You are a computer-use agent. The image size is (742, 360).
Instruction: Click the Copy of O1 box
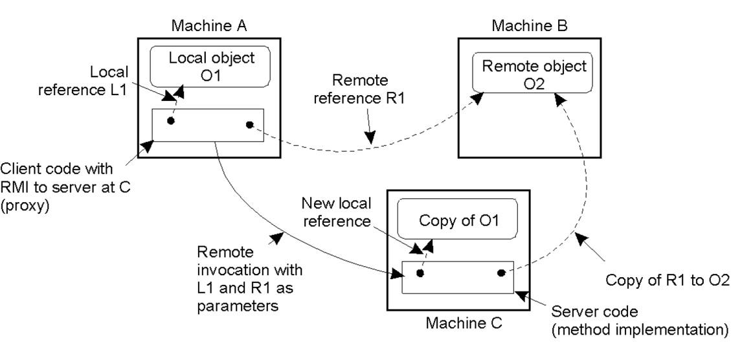458,220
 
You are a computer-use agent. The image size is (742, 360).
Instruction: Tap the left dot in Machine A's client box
171,121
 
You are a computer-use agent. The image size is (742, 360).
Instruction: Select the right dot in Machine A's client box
249,124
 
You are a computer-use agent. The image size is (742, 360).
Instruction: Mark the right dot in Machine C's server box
500,273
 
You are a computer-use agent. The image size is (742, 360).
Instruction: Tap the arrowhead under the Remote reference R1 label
370,138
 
